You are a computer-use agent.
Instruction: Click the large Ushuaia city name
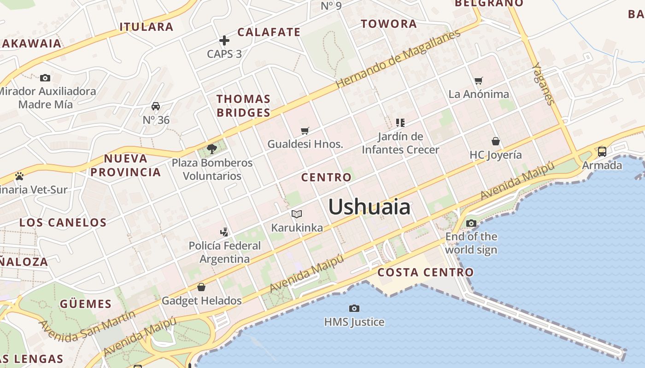(x=369, y=207)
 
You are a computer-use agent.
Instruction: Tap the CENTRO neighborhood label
(x=326, y=178)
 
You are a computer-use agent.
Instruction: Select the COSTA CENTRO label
(x=425, y=272)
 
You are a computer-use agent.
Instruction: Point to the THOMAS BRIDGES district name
(x=243, y=106)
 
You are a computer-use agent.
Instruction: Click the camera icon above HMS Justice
(x=354, y=308)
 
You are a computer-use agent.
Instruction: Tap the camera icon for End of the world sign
(x=471, y=224)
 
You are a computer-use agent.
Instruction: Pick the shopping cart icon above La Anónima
(x=479, y=80)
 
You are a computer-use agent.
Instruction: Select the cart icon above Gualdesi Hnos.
(x=305, y=131)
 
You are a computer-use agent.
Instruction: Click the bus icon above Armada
(x=602, y=151)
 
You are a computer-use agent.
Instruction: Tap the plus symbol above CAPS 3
(x=224, y=40)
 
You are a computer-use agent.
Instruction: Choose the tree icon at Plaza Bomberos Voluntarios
(x=212, y=149)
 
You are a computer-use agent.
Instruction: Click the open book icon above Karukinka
(x=297, y=214)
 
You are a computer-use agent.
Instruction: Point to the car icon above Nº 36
(x=156, y=106)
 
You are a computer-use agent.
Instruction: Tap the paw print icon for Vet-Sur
(x=19, y=176)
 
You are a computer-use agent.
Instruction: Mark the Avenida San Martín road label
(x=88, y=326)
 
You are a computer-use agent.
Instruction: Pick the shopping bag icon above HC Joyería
(x=496, y=141)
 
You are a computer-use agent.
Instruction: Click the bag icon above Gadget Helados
(x=201, y=287)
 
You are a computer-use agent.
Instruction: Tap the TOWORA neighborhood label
(x=388, y=24)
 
